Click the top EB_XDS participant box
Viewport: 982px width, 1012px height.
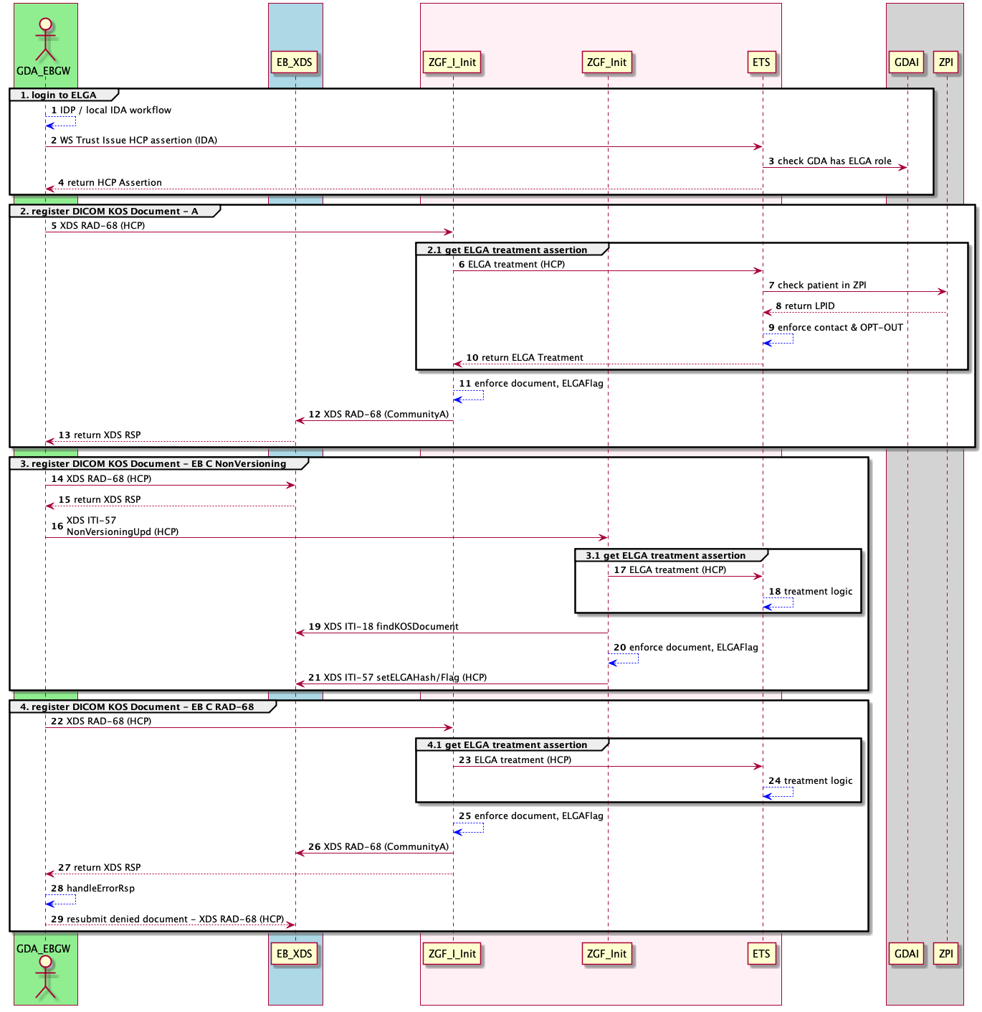295,62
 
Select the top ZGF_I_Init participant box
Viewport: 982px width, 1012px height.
452,62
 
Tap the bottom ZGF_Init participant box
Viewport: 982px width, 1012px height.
606,954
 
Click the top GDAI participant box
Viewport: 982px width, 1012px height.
907,62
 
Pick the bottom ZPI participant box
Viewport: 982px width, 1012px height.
946,954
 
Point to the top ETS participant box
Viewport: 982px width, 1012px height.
761,62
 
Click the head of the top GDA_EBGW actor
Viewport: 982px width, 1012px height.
45,23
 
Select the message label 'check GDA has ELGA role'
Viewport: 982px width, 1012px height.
834,161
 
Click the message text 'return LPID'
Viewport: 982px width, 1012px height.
809,306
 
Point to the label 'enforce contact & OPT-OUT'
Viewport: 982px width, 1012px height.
840,328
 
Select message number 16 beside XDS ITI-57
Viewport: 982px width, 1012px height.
57,526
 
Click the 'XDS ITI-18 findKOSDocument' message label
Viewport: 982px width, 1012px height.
391,627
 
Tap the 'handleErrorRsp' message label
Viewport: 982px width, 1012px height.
100,889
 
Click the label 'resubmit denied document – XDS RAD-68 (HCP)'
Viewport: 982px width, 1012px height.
175,919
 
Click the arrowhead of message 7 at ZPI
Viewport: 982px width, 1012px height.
943,292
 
